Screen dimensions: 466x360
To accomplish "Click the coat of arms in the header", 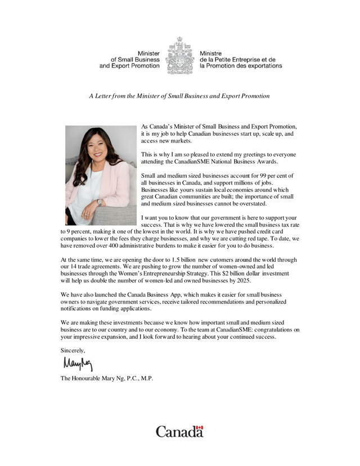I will pos(179,56).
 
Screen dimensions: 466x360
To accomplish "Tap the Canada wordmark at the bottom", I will pos(179,432).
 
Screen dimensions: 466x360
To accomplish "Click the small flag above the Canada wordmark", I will pos(199,427).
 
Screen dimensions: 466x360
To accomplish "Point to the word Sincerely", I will pos(73,350).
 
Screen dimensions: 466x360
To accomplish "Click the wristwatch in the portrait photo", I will pos(100,201).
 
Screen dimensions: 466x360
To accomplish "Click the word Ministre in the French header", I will pos(211,53).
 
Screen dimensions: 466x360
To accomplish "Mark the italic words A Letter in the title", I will pos(101,96).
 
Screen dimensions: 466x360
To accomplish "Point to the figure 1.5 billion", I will pos(177,260).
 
